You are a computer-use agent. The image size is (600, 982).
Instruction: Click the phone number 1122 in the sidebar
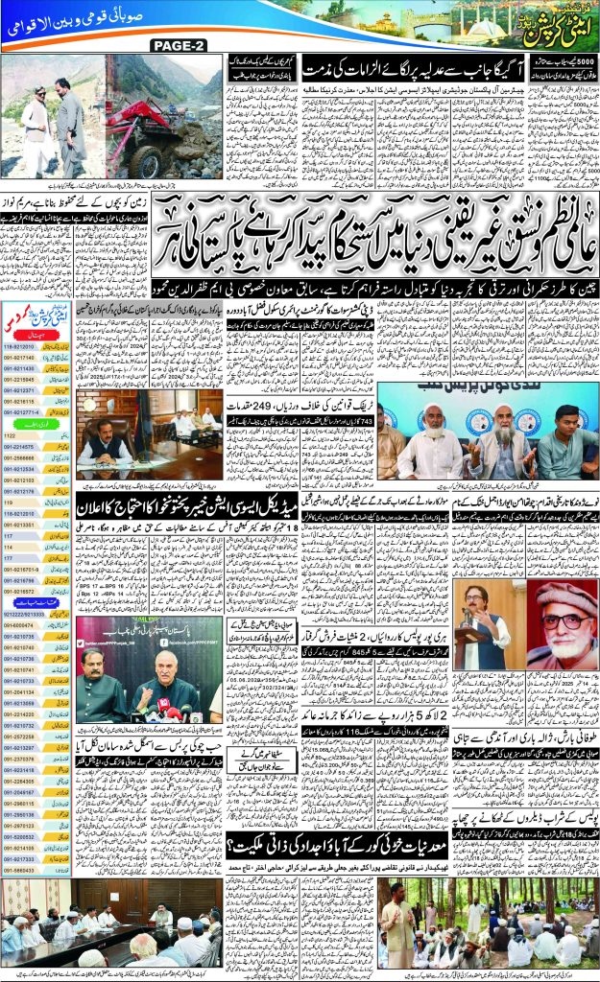[x=16, y=433]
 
